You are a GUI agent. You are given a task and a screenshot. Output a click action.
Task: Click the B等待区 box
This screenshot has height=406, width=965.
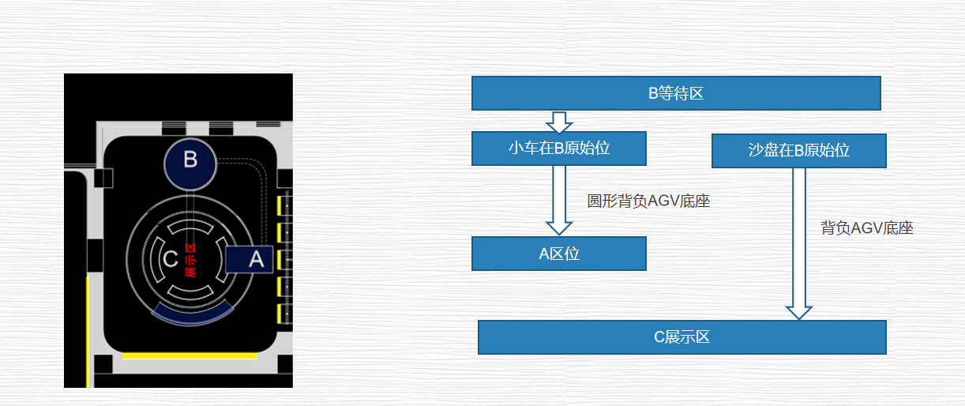click(676, 93)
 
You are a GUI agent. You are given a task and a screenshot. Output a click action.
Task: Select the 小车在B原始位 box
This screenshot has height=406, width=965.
click(559, 148)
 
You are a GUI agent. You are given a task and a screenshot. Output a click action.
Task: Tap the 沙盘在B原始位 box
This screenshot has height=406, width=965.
click(798, 151)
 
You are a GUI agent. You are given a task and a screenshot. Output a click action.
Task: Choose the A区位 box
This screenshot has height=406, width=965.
click(559, 254)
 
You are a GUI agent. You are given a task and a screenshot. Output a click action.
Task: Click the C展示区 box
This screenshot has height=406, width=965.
click(682, 337)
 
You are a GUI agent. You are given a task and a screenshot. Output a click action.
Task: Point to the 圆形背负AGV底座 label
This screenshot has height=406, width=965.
click(648, 201)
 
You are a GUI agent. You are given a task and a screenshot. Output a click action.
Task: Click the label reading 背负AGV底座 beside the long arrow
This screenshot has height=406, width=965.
click(867, 228)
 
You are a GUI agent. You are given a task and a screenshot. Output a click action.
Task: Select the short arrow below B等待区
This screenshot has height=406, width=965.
click(559, 122)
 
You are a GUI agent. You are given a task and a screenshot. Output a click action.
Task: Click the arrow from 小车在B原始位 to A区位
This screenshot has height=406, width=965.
click(559, 201)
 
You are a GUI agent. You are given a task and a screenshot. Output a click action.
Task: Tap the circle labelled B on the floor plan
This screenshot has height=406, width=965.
click(190, 161)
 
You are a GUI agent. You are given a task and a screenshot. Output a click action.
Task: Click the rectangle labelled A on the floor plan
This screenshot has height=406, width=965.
click(250, 260)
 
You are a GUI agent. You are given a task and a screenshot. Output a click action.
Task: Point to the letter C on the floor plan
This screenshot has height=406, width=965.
click(170, 259)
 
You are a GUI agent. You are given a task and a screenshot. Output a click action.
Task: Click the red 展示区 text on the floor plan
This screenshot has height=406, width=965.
click(190, 260)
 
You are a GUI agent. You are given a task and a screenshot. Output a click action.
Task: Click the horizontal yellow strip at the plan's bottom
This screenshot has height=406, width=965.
click(190, 355)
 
